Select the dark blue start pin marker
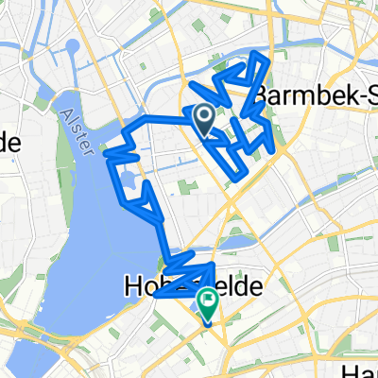click(203, 119)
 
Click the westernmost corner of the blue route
click(115, 148)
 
